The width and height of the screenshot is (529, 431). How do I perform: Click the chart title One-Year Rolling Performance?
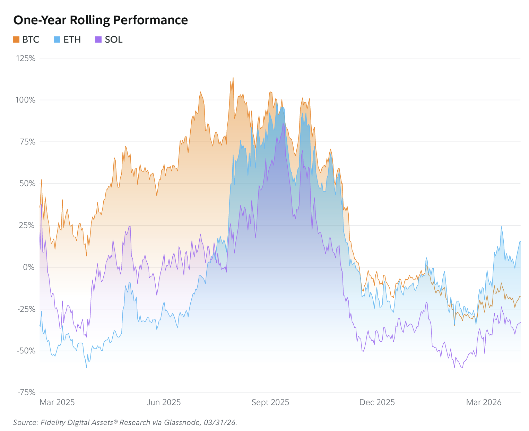pyautogui.click(x=100, y=20)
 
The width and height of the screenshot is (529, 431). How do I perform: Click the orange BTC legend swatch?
pyautogui.click(x=16, y=39)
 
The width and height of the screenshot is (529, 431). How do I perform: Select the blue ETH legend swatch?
pyautogui.click(x=57, y=39)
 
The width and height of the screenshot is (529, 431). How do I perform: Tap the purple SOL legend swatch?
pyautogui.click(x=98, y=39)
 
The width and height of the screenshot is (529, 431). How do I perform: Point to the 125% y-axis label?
pyautogui.click(x=26, y=58)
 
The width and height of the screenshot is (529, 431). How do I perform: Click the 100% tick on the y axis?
pyautogui.click(x=25, y=100)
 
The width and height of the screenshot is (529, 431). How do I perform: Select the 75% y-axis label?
pyautogui.click(x=27, y=142)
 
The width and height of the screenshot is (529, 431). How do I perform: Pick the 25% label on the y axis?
pyautogui.click(x=27, y=225)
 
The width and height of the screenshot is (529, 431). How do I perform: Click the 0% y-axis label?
pyautogui.click(x=29, y=267)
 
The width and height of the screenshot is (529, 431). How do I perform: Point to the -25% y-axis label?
pyautogui.click(x=26, y=309)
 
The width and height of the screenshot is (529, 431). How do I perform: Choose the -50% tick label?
pyautogui.click(x=26, y=351)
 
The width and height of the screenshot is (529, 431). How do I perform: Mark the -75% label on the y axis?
pyautogui.click(x=26, y=392)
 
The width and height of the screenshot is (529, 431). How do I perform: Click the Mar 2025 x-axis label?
pyautogui.click(x=57, y=402)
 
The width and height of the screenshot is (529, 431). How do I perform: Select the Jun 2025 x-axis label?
pyautogui.click(x=164, y=402)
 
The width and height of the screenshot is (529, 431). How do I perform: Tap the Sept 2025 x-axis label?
pyautogui.click(x=270, y=403)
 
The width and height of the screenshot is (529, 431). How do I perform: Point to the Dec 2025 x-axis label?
pyautogui.click(x=377, y=402)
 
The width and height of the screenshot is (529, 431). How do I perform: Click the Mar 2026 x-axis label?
pyautogui.click(x=483, y=402)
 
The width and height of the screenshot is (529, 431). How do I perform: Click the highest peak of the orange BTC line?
pyautogui.click(x=233, y=78)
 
